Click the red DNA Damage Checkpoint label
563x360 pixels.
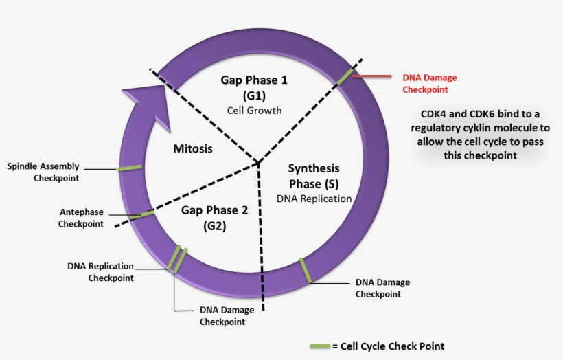429,83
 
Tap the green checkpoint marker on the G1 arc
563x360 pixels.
345,76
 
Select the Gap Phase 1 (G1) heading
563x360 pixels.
254,87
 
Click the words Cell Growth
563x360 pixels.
254,110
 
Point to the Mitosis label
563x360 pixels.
193,148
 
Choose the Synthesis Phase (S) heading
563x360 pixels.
314,176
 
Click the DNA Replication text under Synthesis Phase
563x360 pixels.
314,199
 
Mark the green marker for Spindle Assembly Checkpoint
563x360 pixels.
129,168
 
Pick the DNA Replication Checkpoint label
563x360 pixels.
101,271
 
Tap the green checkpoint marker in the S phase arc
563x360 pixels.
306,270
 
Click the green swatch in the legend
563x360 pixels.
319,346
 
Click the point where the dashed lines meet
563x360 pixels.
258,164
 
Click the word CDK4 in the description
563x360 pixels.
426,113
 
